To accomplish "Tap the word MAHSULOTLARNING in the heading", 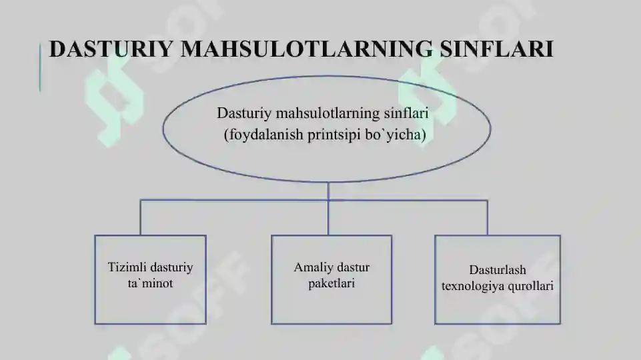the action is (x=307, y=49).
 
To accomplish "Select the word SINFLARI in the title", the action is (x=497, y=49).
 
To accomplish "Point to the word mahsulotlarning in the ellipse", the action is (x=328, y=113).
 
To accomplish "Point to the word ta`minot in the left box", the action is (x=151, y=283).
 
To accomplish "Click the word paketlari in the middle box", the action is (x=332, y=283).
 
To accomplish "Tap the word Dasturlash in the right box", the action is (x=498, y=270).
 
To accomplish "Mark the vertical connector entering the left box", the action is (x=141, y=217).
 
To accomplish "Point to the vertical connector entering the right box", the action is (x=488, y=217).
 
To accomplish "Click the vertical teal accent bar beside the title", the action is (x=40, y=67).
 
